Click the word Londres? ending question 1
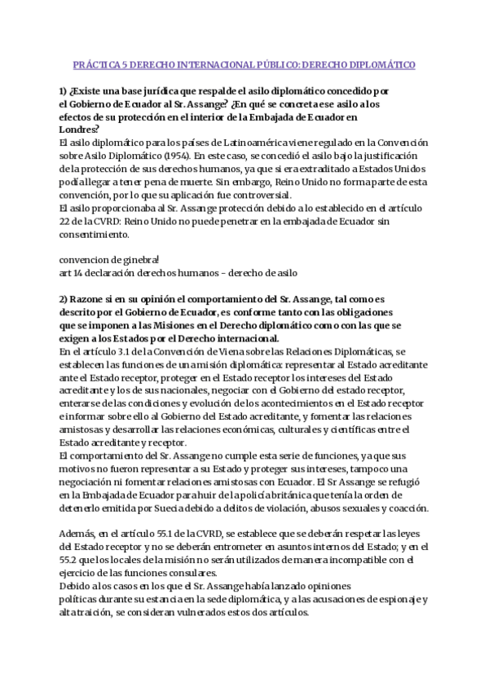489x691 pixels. coord(80,129)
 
